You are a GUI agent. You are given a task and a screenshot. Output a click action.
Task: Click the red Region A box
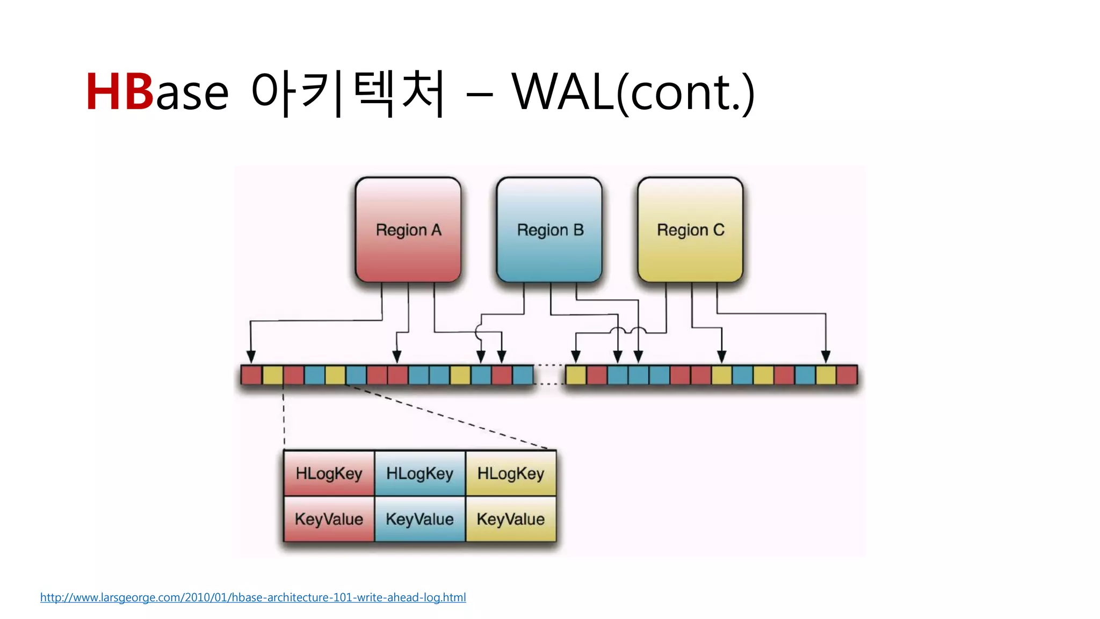click(x=408, y=230)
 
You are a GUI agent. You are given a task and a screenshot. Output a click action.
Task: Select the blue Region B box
click(x=549, y=230)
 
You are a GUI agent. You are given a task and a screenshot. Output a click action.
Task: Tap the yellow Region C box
click(x=690, y=230)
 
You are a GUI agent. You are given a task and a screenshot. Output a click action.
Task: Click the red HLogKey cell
click(x=329, y=473)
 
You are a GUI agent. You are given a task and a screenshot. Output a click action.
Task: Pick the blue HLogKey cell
click(x=419, y=473)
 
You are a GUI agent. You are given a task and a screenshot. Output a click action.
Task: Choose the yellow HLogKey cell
click(x=511, y=473)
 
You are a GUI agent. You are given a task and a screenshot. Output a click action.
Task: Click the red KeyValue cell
click(x=329, y=519)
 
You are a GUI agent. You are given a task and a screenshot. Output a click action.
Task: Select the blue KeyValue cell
click(x=419, y=519)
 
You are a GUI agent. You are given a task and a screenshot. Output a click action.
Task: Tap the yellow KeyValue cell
click(x=511, y=519)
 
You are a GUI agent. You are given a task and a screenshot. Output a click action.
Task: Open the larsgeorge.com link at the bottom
click(x=253, y=598)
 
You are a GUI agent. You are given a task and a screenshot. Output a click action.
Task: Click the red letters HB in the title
click(x=119, y=92)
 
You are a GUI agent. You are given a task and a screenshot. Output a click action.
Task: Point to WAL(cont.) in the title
click(x=633, y=92)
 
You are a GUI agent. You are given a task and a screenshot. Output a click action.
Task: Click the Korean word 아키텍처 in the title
click(x=348, y=92)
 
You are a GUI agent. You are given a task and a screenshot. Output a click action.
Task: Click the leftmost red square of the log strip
click(x=251, y=375)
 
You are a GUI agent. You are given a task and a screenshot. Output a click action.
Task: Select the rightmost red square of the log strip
click(x=847, y=375)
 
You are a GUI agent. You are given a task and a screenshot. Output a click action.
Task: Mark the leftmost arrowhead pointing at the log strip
click(x=251, y=357)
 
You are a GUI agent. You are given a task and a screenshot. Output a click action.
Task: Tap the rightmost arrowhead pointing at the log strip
click(x=826, y=357)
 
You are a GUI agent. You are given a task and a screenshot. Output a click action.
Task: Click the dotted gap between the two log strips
click(x=549, y=375)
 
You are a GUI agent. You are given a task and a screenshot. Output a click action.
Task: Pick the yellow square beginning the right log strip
click(x=576, y=375)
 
